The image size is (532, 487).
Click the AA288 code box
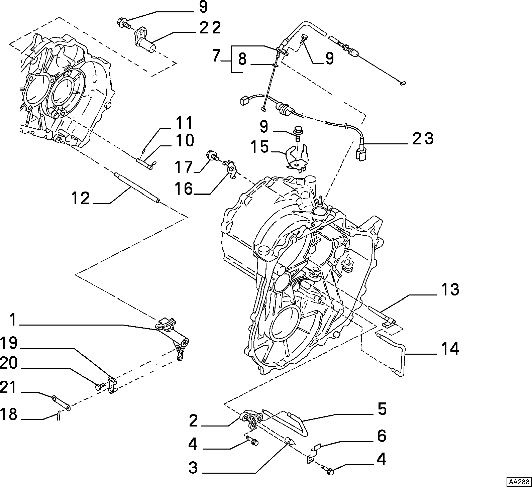coord(519,482)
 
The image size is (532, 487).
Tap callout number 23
coord(423,138)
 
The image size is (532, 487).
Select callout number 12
coord(80,198)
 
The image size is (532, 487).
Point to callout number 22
coord(210,28)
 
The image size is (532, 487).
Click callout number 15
coord(260,147)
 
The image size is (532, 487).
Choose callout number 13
coord(450,289)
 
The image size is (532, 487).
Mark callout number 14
coord(450,349)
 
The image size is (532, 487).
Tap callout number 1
coord(13,320)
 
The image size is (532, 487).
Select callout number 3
coord(193,468)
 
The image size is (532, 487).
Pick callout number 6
coord(382,436)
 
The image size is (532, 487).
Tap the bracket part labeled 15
coord(297,157)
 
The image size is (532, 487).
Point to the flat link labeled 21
coord(61,403)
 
